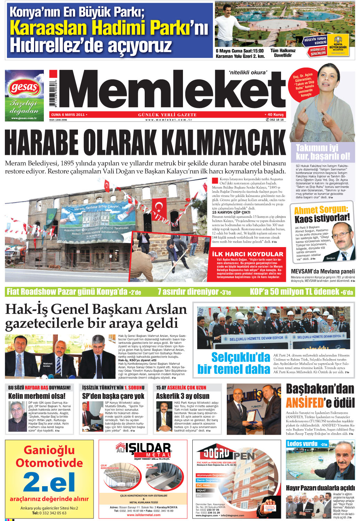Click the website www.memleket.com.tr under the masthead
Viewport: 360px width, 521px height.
point(169,120)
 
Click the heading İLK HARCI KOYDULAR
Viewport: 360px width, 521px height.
point(248,254)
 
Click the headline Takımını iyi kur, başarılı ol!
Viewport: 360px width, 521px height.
point(322,152)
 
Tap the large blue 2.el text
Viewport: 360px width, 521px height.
point(49,482)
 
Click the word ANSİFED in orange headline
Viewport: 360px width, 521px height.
point(305,403)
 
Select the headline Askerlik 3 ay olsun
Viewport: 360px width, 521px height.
point(183,396)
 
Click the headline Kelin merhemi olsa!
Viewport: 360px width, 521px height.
point(37,396)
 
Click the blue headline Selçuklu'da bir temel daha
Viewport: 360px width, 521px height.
point(234,363)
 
